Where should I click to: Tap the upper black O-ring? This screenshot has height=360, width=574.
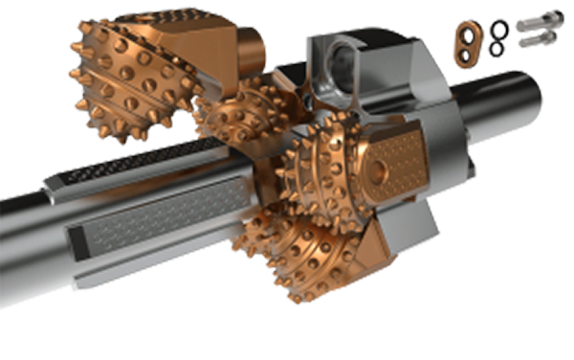[x=497, y=29]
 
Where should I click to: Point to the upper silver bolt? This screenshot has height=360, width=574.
[x=541, y=22]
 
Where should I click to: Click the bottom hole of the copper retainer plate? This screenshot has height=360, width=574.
[x=466, y=54]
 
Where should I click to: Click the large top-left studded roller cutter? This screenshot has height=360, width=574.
[x=134, y=77]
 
